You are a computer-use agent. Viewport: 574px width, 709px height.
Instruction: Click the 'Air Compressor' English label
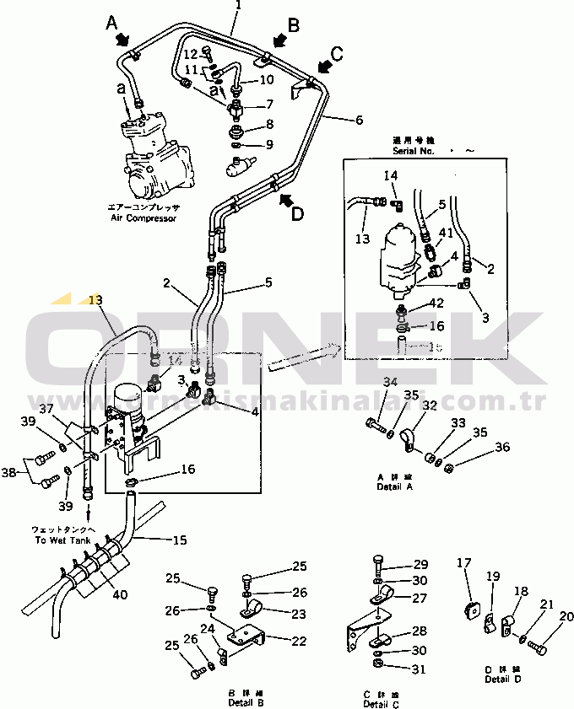point(143,218)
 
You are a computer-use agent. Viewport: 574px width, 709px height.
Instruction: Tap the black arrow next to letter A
point(122,38)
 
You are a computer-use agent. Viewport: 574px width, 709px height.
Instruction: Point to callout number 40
point(120,594)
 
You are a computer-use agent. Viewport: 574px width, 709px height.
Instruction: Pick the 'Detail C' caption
point(382,703)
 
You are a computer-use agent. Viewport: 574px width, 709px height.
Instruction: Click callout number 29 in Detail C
point(420,564)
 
